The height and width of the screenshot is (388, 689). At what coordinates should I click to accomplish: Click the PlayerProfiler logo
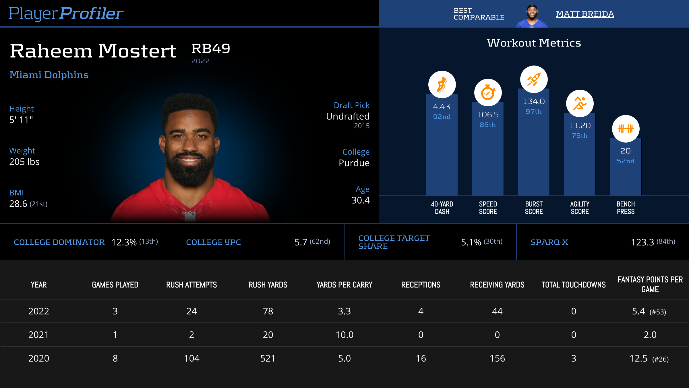pos(66,13)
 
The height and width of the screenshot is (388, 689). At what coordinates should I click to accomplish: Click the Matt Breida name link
pos(585,14)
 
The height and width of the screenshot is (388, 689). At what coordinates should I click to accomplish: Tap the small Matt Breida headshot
pos(532,16)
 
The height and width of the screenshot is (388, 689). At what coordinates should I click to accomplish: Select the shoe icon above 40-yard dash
pos(442,84)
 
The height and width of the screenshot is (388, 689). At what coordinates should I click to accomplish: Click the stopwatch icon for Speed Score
pos(488,93)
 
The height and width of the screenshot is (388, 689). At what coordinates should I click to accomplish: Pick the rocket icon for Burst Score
pos(534,79)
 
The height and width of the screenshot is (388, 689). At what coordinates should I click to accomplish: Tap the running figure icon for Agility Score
pos(580,103)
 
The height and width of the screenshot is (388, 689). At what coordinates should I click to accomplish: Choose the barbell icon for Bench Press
pos(626,128)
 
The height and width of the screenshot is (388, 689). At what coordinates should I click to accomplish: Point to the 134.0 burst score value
pos(534,101)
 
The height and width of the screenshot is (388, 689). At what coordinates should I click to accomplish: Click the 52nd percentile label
pos(626,161)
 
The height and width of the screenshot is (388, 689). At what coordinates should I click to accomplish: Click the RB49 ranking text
pos(211,48)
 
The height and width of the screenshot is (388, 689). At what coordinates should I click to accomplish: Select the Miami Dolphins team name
pos(49,75)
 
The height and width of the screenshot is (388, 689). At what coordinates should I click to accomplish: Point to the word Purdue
pos(354,163)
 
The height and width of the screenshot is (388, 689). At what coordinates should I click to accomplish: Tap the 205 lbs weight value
pos(24,162)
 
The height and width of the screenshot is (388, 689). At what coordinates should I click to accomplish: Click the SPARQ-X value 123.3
pos(642,242)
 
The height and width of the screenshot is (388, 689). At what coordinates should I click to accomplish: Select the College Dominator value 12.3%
pos(124,242)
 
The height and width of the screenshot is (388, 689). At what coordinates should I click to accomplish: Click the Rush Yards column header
pos(268,285)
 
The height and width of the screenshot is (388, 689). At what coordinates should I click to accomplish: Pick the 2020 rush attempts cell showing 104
pos(191,358)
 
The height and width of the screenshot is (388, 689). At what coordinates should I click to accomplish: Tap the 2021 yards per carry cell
pos(344,335)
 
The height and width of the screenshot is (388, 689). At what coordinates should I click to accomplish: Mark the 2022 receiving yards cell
pos(497,311)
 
